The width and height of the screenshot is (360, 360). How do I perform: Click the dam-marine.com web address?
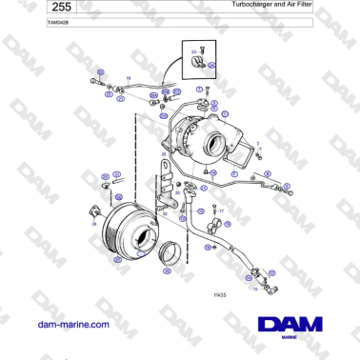pos(73,324)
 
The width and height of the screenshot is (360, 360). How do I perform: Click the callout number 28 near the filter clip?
pos(93,224)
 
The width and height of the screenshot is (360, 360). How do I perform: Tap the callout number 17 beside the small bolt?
pos(221,210)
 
